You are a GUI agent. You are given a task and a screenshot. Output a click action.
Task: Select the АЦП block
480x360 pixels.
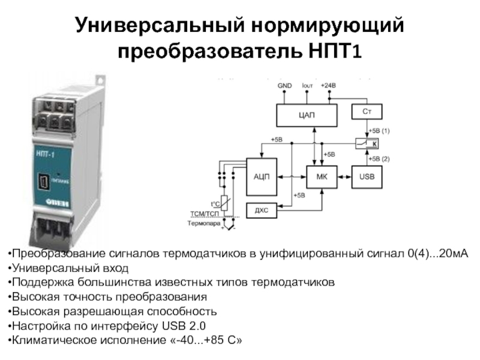[x=262, y=176]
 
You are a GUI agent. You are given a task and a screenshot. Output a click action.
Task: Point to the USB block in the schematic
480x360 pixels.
[x=366, y=176]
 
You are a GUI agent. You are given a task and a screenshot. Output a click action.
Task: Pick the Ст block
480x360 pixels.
[x=366, y=112]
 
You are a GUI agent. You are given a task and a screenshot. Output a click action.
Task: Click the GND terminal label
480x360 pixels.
[x=284, y=86]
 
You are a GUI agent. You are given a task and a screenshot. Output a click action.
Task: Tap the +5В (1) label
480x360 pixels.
[x=379, y=130]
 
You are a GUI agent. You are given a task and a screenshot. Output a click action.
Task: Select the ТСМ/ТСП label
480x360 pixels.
[x=205, y=212]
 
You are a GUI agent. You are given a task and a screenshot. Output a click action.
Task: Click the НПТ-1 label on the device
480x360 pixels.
[x=44, y=155]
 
